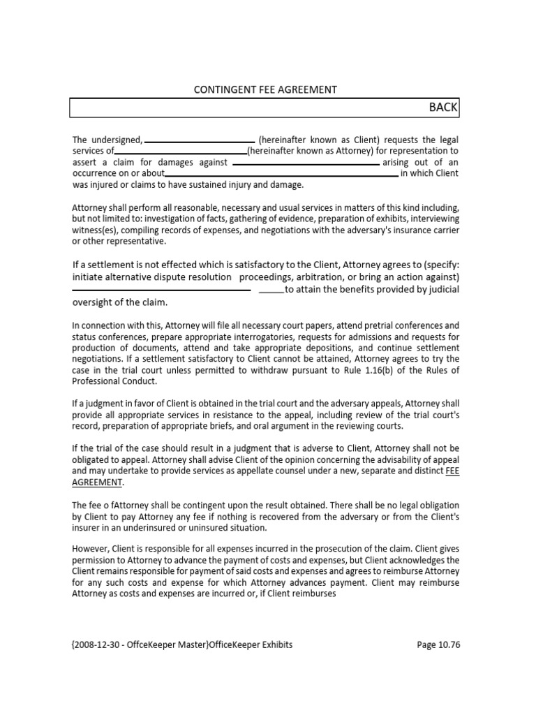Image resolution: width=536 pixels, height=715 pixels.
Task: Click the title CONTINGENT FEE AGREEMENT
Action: pos(265,89)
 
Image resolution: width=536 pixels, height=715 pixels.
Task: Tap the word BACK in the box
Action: pos(443,107)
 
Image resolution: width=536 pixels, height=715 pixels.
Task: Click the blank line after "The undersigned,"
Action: pos(200,140)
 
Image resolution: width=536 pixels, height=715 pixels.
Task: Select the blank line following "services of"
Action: pos(180,152)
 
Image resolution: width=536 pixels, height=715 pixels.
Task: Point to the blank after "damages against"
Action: pos(306,163)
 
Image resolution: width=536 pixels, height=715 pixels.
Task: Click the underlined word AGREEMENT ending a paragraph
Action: pos(98,482)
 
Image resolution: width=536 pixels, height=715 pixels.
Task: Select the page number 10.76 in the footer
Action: pos(448,645)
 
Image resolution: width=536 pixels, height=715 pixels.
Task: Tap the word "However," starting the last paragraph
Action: pos(91,549)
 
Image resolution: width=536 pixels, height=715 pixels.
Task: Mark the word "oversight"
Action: pos(94,303)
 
